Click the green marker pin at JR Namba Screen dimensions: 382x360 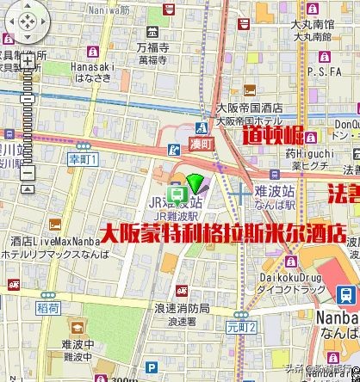point(197,182)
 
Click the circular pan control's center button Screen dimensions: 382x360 point(27,21)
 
